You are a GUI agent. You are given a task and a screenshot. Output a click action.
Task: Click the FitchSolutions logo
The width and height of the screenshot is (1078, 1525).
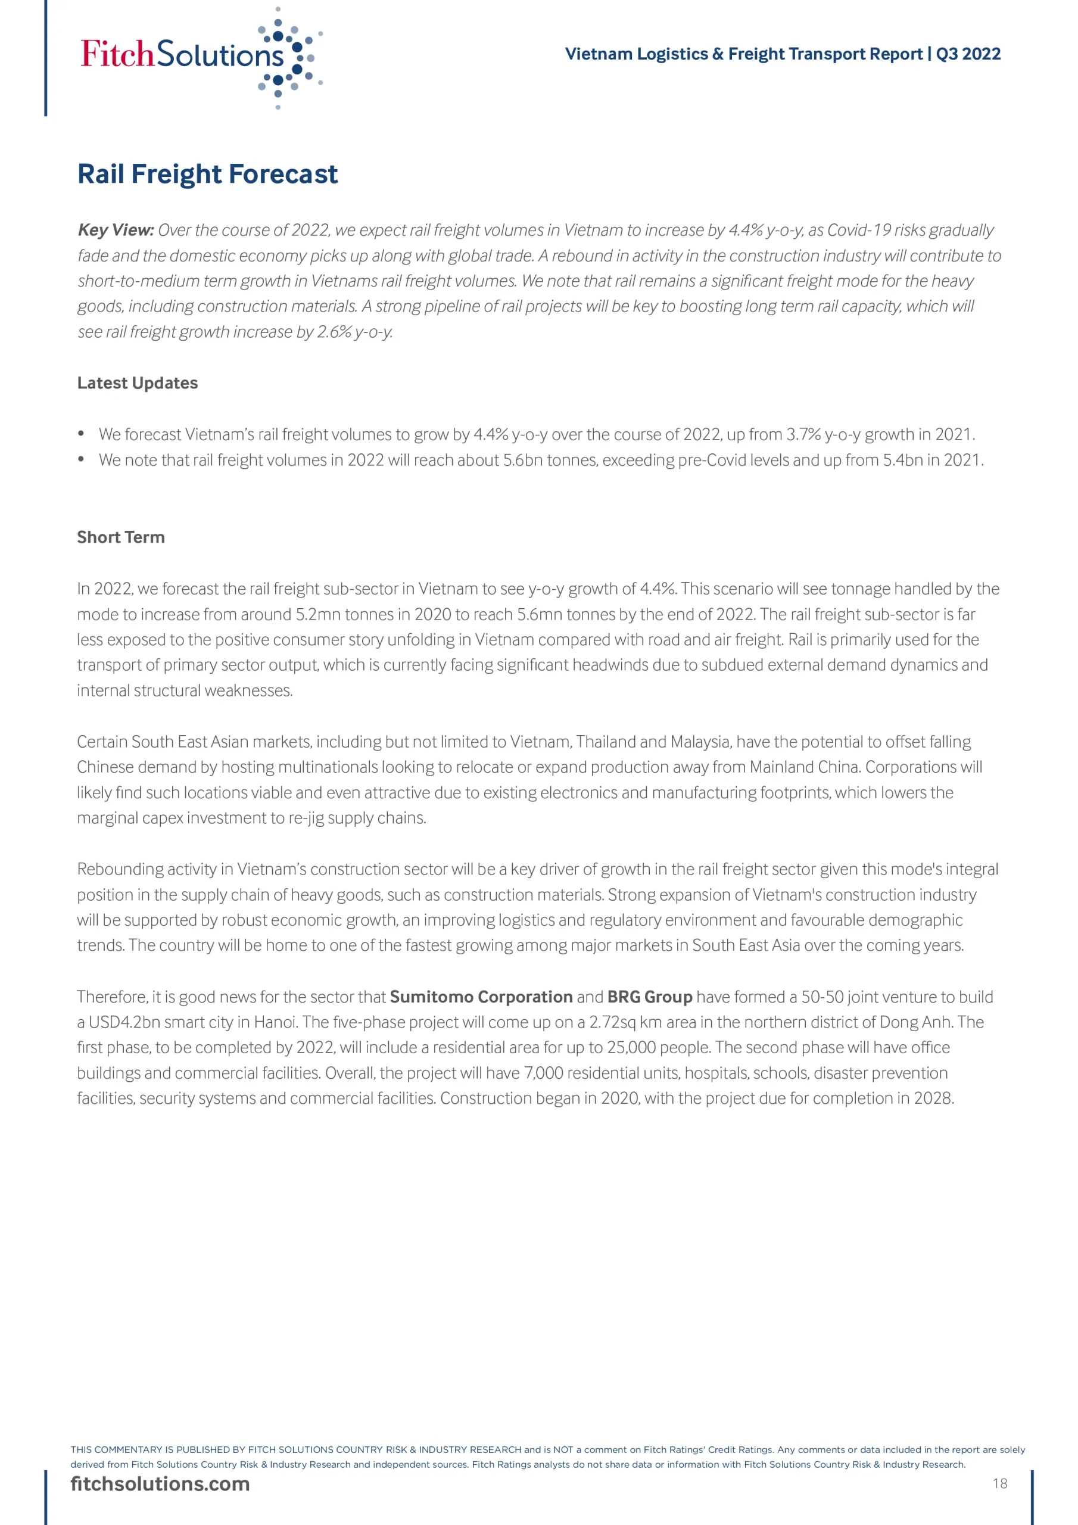200,57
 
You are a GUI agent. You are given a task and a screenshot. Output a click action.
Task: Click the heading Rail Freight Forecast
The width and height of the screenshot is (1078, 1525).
207,174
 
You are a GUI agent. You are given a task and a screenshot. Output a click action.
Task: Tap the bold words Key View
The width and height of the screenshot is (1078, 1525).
116,230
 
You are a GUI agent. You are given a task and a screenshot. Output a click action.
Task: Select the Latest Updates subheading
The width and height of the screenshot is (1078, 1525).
138,383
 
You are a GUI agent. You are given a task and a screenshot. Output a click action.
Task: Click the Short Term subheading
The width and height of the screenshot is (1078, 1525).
121,537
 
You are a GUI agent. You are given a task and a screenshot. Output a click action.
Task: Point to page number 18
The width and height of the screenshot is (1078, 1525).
999,1483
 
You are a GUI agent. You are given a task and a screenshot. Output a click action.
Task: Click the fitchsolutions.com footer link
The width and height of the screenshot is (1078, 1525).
160,1483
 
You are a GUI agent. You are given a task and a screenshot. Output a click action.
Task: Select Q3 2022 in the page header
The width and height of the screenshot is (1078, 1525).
968,54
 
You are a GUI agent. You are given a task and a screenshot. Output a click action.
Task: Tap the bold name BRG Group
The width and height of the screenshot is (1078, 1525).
650,997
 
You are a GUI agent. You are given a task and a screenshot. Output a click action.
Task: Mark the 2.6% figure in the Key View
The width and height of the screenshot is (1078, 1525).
334,332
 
